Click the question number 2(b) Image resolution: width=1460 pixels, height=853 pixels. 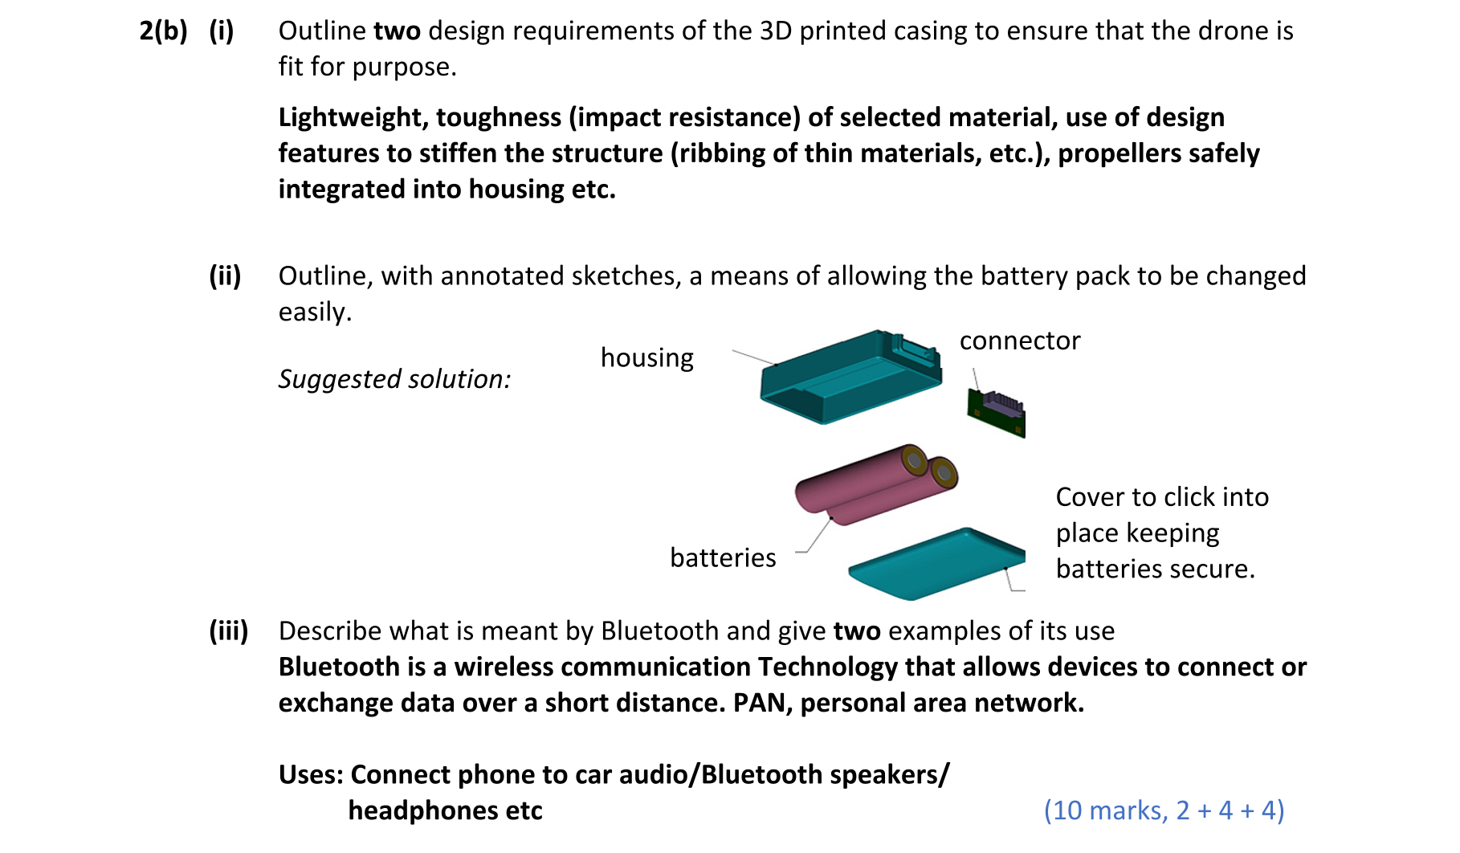(x=163, y=31)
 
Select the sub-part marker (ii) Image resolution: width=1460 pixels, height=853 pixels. (x=225, y=275)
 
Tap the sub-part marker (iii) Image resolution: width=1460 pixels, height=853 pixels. (x=228, y=631)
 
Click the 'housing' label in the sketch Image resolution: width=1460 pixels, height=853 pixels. (x=646, y=357)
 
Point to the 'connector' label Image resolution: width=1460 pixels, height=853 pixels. (x=1019, y=341)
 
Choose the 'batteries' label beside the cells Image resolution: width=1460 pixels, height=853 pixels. (x=723, y=557)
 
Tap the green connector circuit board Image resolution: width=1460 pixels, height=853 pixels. (x=997, y=411)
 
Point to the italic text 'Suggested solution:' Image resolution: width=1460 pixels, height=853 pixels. (x=394, y=379)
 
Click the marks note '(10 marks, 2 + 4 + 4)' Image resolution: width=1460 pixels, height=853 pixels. (x=1164, y=810)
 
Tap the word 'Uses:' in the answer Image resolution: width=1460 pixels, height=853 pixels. (x=311, y=774)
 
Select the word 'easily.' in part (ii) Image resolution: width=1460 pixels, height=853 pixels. (x=315, y=312)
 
